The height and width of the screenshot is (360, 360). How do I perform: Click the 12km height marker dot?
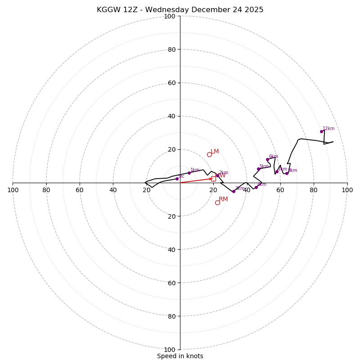321,131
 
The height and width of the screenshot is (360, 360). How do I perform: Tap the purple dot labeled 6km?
267,159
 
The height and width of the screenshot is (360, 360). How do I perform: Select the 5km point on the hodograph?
258,169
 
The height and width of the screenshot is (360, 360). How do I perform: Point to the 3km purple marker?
234,191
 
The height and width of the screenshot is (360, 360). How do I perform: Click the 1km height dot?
189,173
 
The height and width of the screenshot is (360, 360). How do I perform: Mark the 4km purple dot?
256,187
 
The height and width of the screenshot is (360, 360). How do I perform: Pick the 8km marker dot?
287,173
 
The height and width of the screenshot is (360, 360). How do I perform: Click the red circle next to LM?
209,154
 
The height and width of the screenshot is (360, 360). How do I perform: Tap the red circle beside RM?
217,202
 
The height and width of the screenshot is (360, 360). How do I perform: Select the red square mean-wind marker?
213,179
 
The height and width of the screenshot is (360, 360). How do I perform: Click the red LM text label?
215,152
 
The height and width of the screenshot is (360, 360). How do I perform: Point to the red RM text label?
223,199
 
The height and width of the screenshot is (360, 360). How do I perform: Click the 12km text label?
328,129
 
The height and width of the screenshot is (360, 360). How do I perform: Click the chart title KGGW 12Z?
180,10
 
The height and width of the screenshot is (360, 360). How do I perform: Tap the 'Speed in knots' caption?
180,356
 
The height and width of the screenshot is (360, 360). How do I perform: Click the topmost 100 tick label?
170,16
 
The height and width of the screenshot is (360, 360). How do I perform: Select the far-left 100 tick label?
13,190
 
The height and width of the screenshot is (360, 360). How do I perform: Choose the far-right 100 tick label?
347,190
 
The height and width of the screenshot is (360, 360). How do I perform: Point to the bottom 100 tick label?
170,349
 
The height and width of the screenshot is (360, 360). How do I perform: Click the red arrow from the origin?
196,180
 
